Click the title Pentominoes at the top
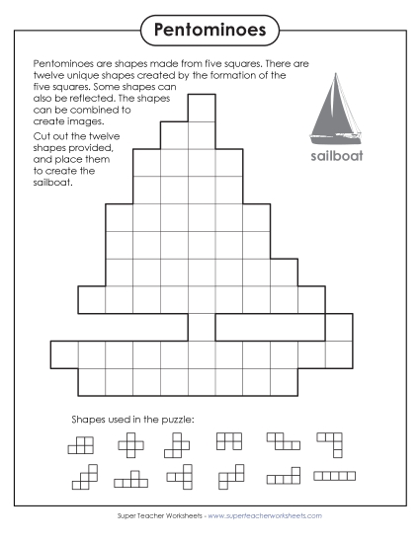[210, 30]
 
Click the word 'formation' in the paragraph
[235, 74]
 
